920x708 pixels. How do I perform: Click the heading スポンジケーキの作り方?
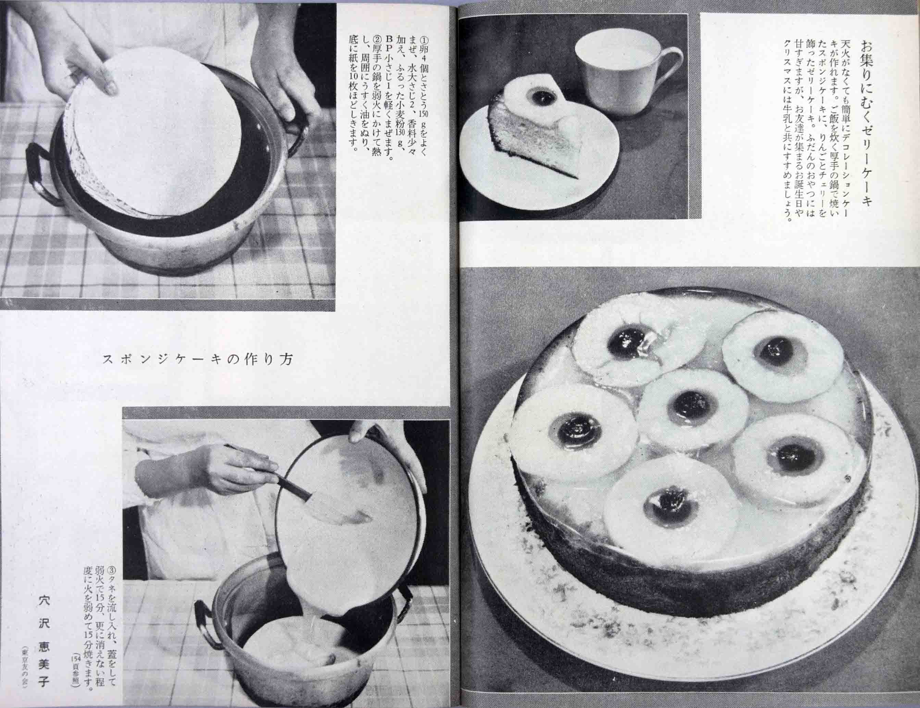tap(198, 359)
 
